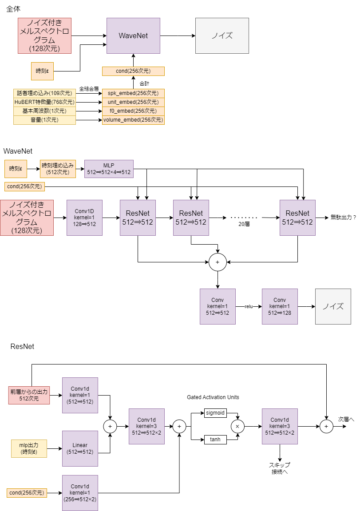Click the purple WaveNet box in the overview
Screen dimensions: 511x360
[133, 36]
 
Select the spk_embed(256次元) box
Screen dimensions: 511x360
[133, 93]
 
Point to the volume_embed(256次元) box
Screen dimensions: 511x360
[133, 120]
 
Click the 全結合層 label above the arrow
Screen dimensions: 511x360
[89, 89]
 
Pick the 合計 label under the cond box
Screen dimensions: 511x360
[144, 83]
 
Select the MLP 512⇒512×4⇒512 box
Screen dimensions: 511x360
[109, 169]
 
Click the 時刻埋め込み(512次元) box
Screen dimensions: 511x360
[58, 169]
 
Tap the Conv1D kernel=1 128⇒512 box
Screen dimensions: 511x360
[84, 218]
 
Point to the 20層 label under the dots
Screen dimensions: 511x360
[244, 225]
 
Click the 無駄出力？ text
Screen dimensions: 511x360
[344, 218]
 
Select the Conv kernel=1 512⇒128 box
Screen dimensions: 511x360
[280, 306]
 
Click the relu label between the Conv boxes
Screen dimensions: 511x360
[249, 306]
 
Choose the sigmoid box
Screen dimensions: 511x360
[215, 413]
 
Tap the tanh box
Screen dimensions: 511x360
[215, 440]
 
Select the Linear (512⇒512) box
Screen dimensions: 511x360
[80, 448]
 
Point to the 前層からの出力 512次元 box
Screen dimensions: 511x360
[29, 395]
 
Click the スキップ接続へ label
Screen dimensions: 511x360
[280, 468]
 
